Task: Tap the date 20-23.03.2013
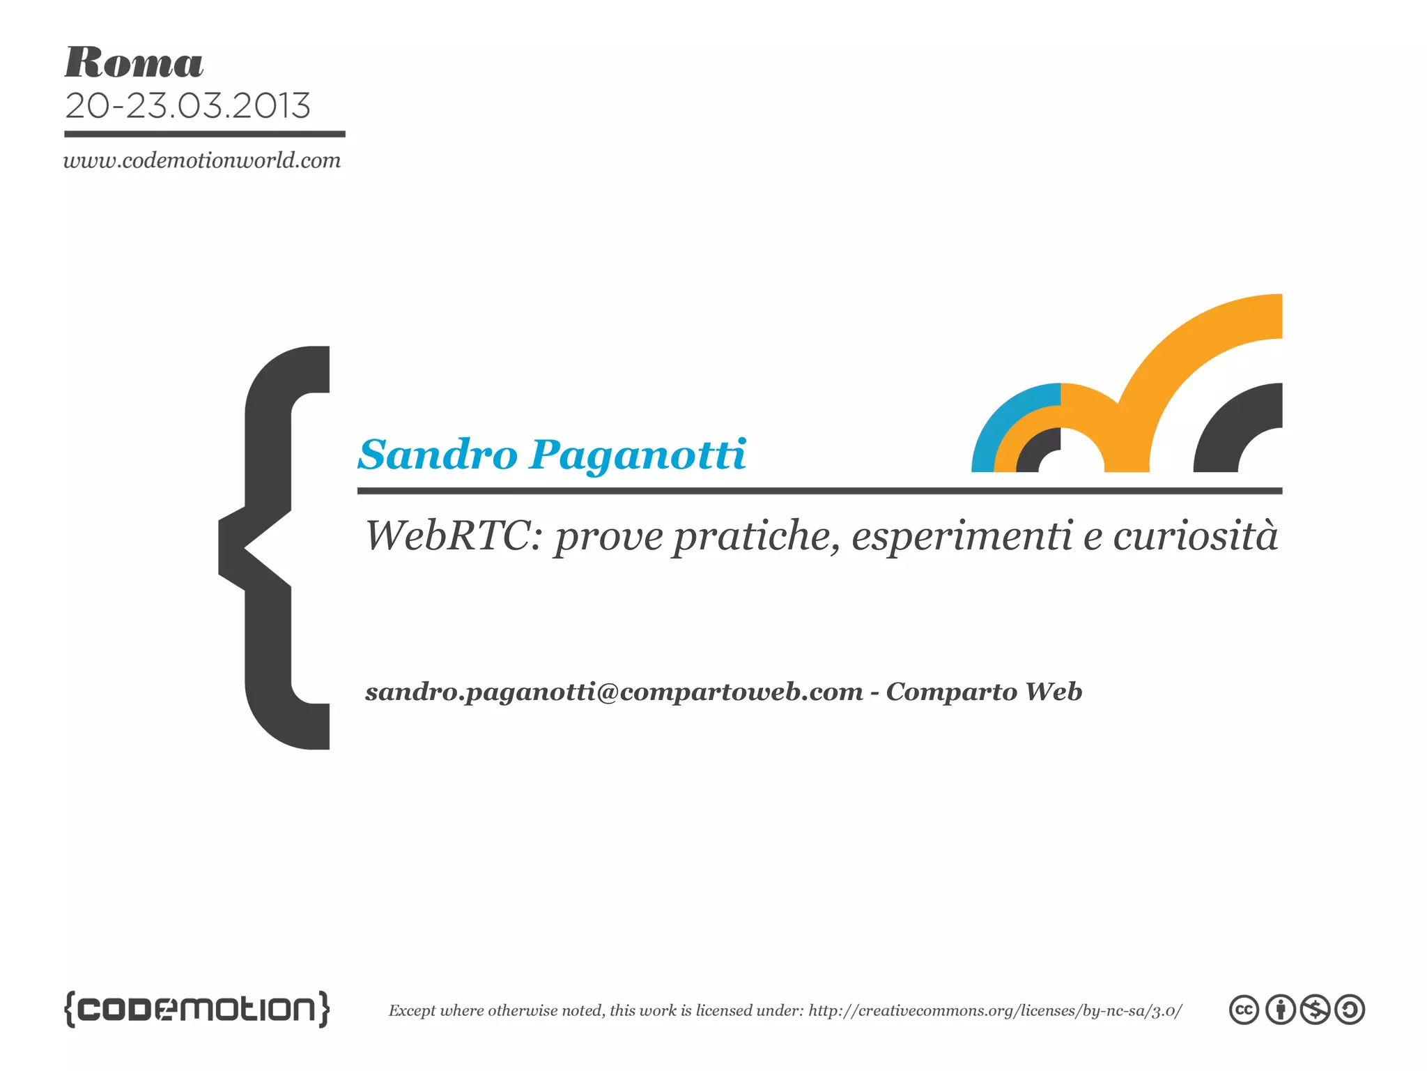[187, 106]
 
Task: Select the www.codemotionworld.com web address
[202, 160]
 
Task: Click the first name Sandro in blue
[438, 455]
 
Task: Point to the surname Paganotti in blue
[638, 456]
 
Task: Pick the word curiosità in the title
[1195, 536]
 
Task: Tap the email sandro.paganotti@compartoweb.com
[614, 692]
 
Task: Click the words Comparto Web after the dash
[984, 692]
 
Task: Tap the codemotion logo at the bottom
[196, 1009]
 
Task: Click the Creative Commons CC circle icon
[1244, 1010]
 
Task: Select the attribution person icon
[1280, 1010]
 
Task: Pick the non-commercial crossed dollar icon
[1316, 1010]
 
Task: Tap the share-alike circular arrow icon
[1350, 1010]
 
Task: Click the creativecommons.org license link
[995, 1010]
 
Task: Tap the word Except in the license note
[412, 1010]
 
